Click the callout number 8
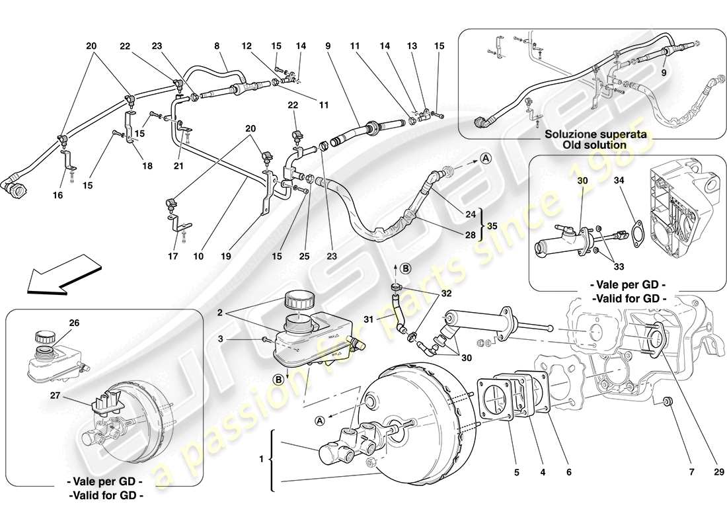[216, 46]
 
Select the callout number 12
[247, 46]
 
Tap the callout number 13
[414, 46]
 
